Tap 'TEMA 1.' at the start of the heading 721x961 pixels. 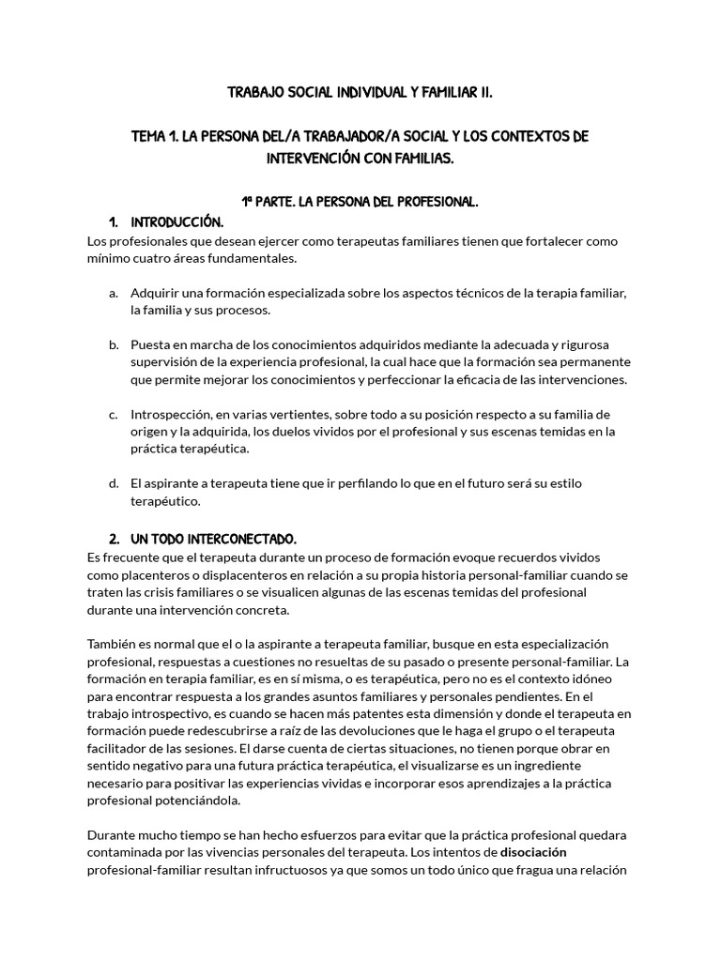tap(154, 137)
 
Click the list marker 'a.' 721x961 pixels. tap(113, 293)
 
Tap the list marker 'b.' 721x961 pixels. tap(113, 344)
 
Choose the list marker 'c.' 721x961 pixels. tap(113, 414)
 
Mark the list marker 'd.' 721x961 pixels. tap(113, 483)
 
